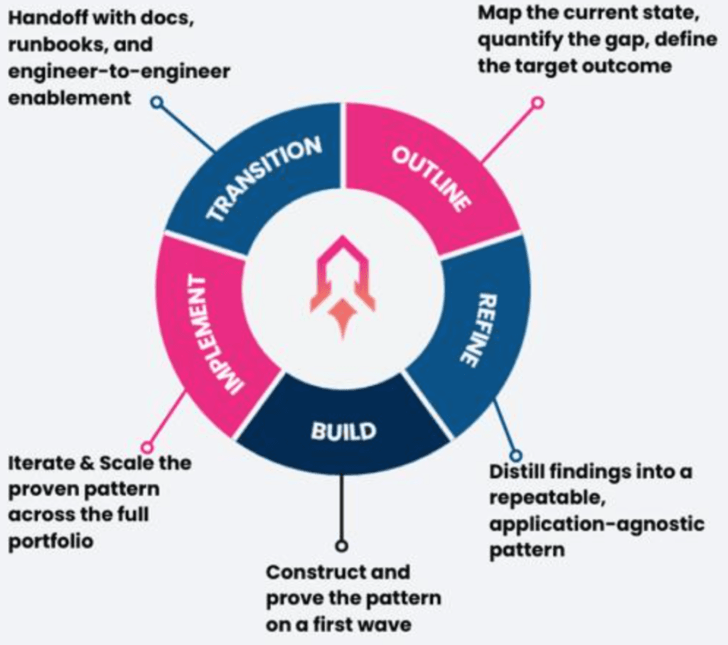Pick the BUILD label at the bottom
tap(343, 430)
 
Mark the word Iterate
tap(40, 463)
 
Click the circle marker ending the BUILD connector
tap(342, 546)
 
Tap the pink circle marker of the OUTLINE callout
tap(537, 102)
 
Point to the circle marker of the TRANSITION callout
tap(157, 102)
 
